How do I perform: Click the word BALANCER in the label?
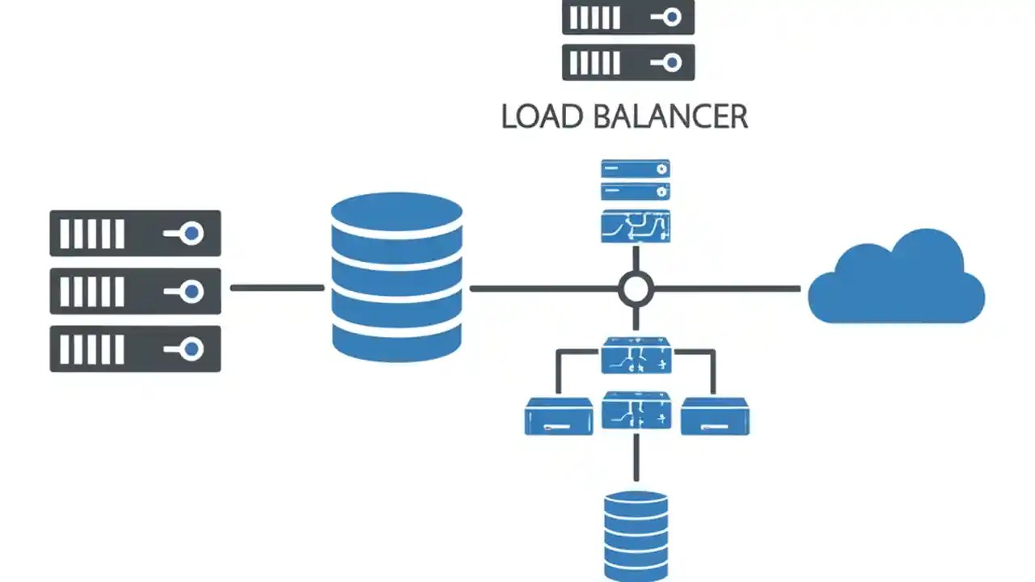(670, 116)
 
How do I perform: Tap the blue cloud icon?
(897, 280)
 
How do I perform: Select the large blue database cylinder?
(397, 277)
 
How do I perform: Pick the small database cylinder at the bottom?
(636, 534)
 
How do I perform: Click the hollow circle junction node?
(636, 289)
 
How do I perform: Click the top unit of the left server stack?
(135, 234)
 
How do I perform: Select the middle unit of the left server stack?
(135, 291)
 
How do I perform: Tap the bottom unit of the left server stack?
(135, 349)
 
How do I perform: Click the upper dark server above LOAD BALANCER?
(628, 17)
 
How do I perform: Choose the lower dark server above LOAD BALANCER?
(628, 62)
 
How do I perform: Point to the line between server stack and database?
(277, 288)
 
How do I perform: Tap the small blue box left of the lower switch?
(559, 416)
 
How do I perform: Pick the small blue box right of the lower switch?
(715, 416)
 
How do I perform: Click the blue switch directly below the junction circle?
(636, 356)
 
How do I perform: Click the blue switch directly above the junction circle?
(636, 226)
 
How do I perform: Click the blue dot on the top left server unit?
(192, 234)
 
